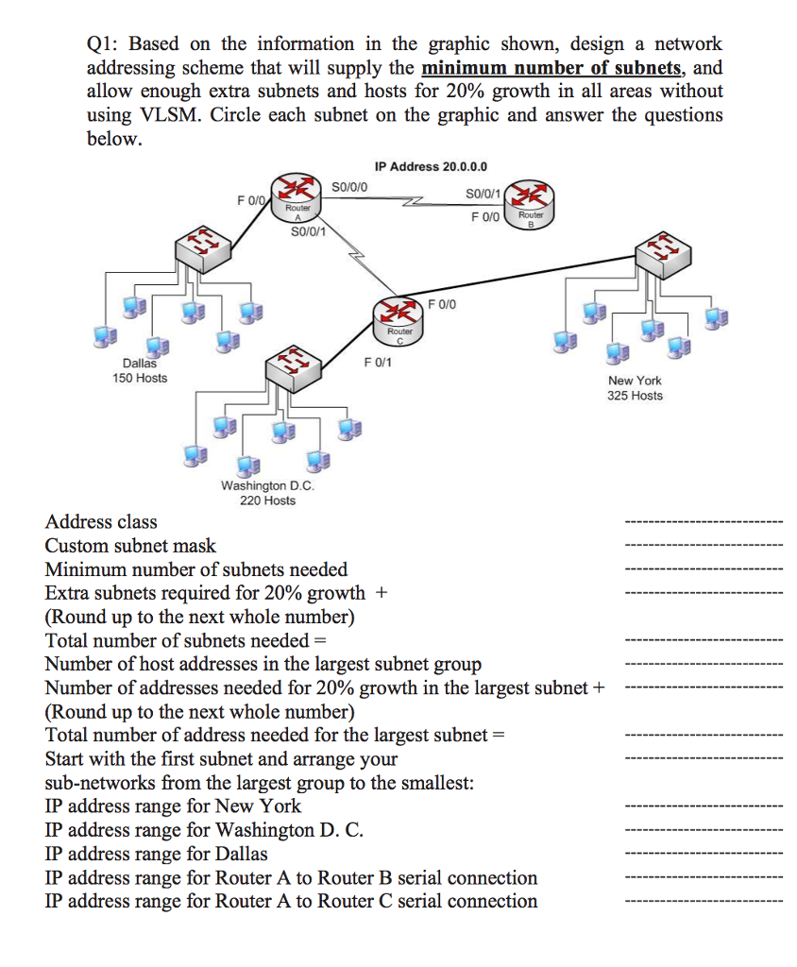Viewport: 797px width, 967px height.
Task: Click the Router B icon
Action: point(531,201)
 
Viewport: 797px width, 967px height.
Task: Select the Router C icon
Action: point(399,318)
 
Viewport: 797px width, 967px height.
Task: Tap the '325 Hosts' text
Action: point(635,396)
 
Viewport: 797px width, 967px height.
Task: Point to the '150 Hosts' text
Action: point(140,378)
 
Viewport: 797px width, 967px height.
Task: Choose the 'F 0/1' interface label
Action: point(378,362)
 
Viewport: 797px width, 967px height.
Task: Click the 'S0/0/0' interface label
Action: point(351,186)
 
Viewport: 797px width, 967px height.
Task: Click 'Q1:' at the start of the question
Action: point(102,44)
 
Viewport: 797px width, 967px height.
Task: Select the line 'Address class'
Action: point(101,521)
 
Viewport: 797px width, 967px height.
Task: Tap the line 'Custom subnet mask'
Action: point(130,546)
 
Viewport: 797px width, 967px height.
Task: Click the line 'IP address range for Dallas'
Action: point(156,854)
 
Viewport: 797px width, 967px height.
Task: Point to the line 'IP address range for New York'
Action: point(173,806)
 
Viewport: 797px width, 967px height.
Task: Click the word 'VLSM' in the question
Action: point(161,115)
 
